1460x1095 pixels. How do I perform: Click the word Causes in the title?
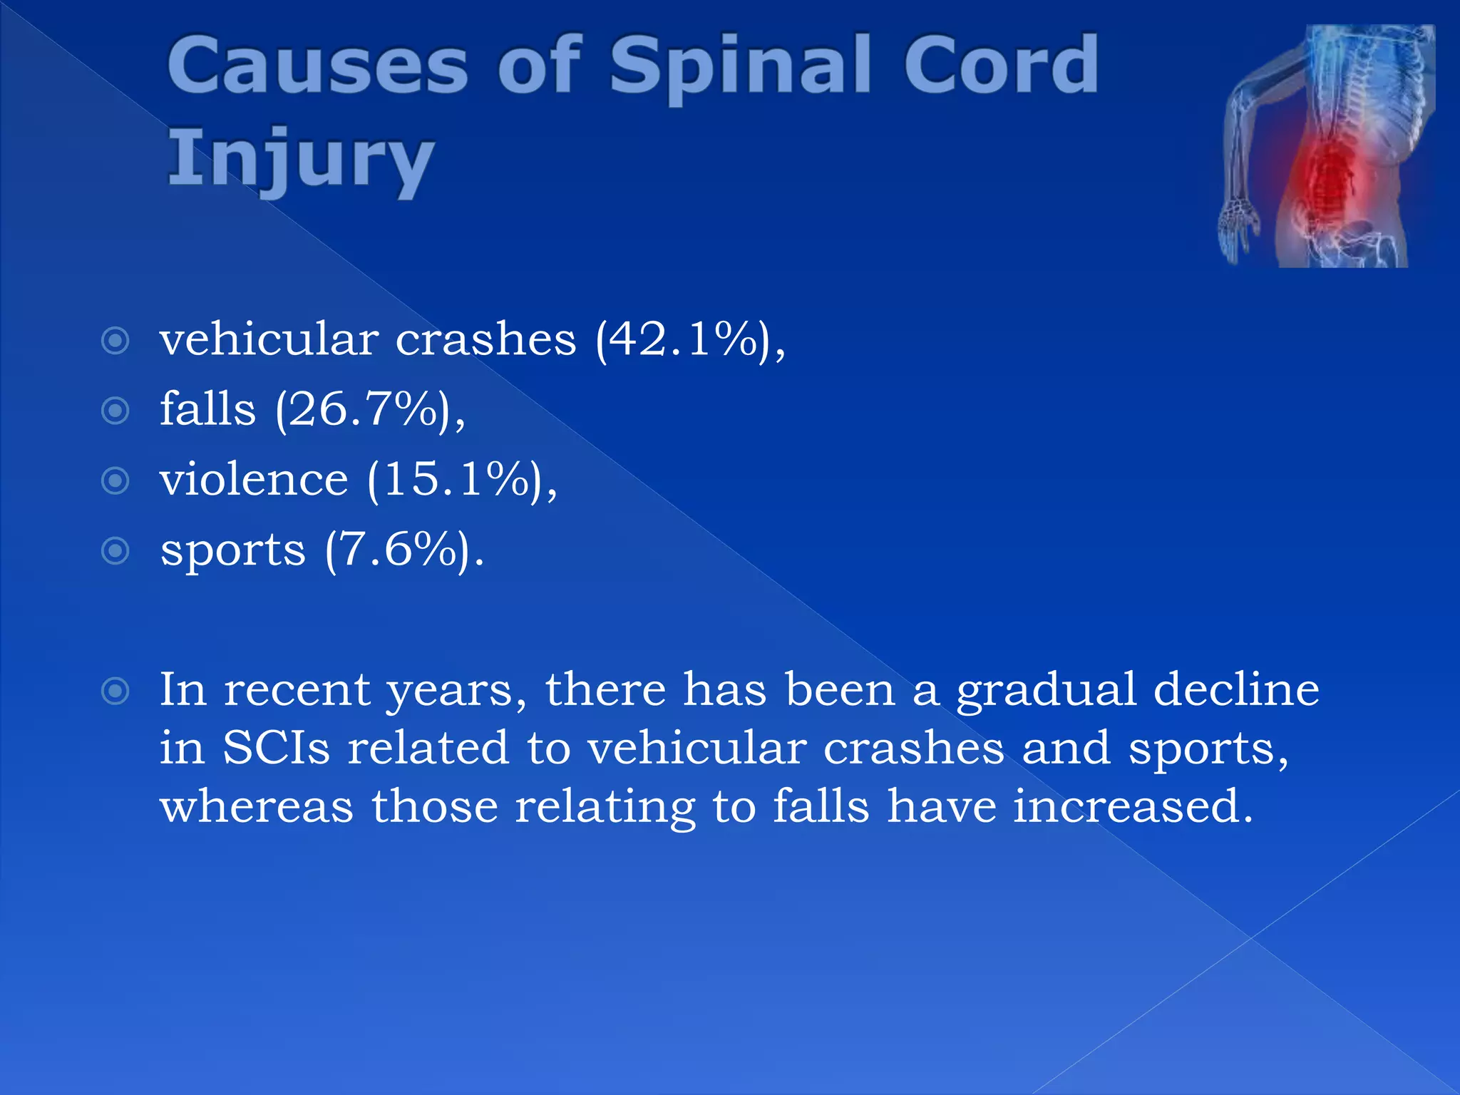coord(317,66)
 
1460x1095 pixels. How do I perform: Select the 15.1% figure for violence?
coord(461,479)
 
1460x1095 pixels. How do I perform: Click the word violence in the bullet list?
coord(254,479)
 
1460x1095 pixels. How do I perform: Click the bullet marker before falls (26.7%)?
coord(115,411)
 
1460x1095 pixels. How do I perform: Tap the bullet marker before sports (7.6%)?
coord(115,550)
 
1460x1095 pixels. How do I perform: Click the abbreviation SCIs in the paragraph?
coord(276,749)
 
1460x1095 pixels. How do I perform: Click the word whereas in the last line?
coord(256,807)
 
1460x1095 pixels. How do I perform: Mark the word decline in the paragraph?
coord(1236,690)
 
